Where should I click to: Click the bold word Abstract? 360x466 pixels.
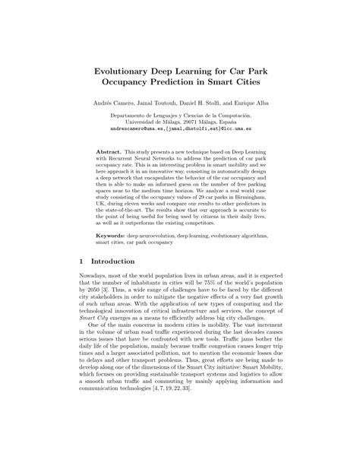[x=113, y=152]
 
